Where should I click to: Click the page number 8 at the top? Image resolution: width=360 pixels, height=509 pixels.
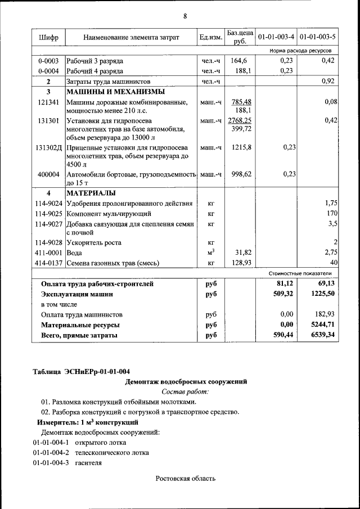(x=184, y=16)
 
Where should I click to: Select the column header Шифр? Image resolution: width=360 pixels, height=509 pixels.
(x=48, y=38)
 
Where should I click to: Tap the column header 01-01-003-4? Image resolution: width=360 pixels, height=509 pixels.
(x=276, y=38)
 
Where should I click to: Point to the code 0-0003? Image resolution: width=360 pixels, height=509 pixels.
(x=48, y=61)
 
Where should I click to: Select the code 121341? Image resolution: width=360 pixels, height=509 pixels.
(x=48, y=102)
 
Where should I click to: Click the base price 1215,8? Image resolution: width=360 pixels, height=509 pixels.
(x=240, y=147)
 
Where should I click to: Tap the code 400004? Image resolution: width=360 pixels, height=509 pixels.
(x=48, y=174)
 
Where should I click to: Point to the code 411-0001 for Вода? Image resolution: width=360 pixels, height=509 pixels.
(x=48, y=253)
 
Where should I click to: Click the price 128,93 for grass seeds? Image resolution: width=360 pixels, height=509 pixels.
(x=240, y=263)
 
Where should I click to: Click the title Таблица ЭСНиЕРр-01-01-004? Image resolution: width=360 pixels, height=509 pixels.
(x=82, y=372)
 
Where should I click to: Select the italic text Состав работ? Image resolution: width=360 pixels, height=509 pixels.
(x=185, y=391)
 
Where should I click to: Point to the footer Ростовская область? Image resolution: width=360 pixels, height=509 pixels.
(x=185, y=479)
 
